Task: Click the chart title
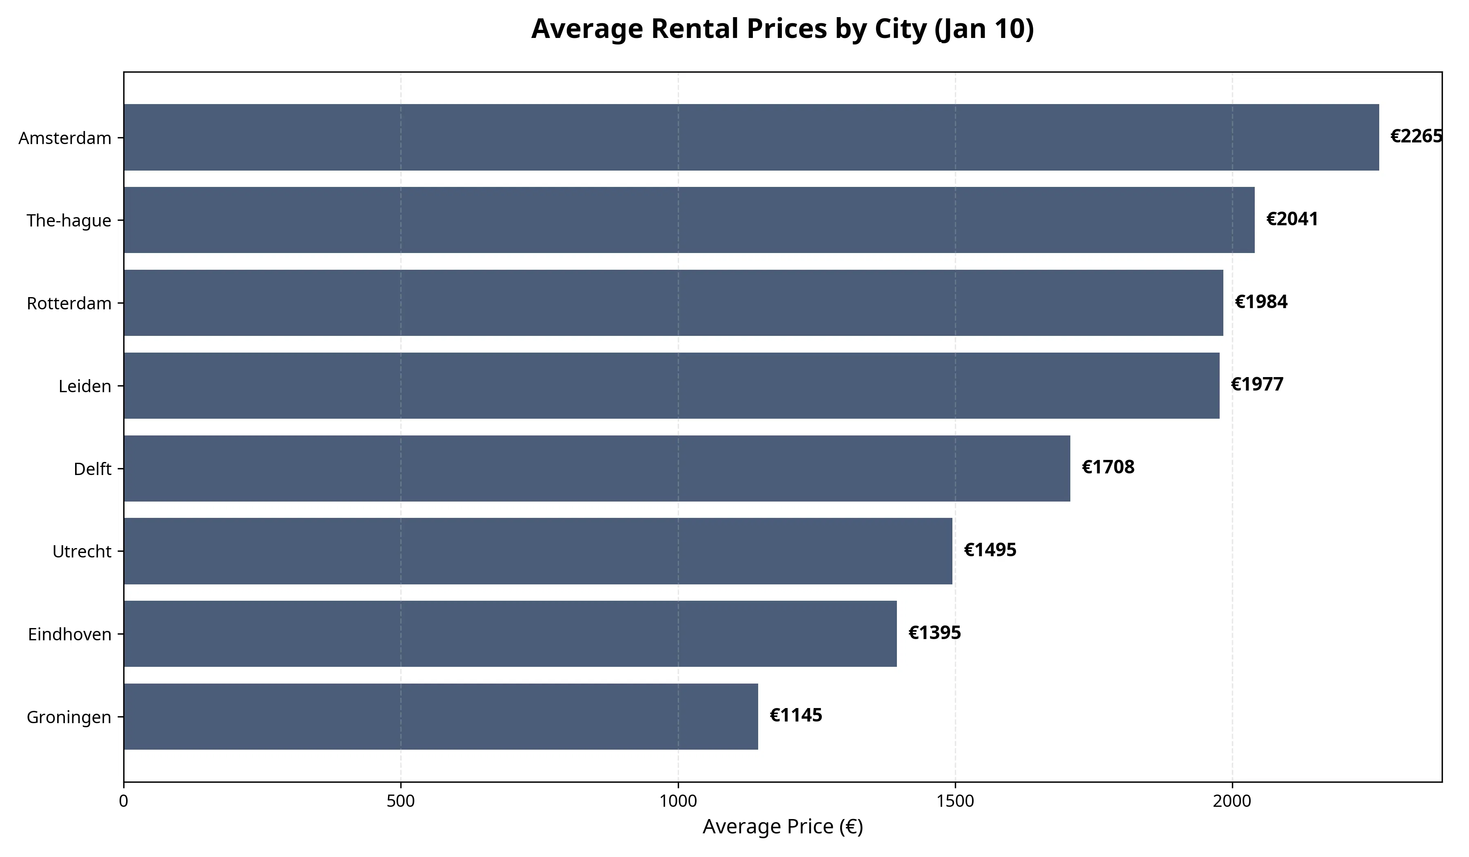[x=782, y=29]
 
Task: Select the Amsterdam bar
[x=751, y=138]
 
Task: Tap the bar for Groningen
[x=441, y=717]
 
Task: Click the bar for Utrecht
[x=537, y=551]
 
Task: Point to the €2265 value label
[x=1416, y=136]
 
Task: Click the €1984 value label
[x=1261, y=302]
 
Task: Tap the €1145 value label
[x=796, y=715]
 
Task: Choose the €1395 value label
[x=934, y=633]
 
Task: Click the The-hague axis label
[x=69, y=221]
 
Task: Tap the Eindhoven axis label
[x=69, y=634]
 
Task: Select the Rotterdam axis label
[x=69, y=304]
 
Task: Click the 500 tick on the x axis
[x=400, y=801]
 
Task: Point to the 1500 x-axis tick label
[x=955, y=801]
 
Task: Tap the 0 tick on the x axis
[x=124, y=801]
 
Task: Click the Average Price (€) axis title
[x=782, y=827]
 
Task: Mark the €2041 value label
[x=1292, y=219]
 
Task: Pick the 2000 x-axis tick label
[x=1232, y=801]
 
